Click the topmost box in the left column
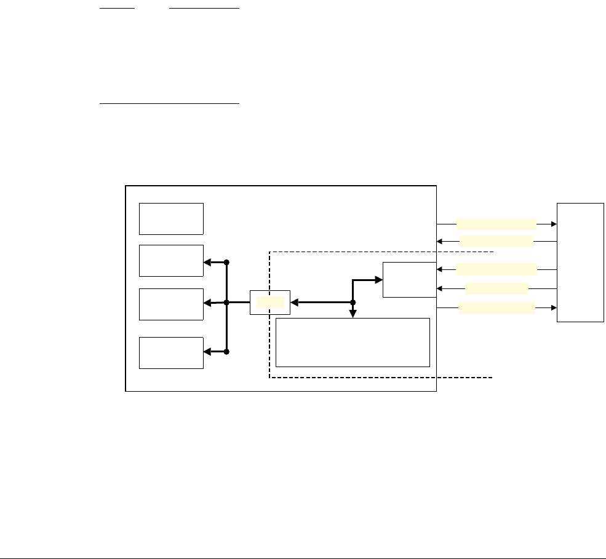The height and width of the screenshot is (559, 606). [171, 218]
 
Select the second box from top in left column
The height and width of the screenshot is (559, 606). [171, 261]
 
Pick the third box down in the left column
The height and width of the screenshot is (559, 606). [171, 304]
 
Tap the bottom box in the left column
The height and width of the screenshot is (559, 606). [171, 352]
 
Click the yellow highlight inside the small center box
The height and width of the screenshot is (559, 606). [271, 302]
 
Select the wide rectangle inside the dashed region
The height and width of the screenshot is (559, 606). [352, 342]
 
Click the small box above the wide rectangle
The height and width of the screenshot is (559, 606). [409, 279]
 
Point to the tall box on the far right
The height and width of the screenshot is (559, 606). [580, 262]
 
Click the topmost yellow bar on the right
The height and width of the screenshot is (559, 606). [496, 223]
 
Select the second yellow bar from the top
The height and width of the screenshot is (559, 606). [496, 241]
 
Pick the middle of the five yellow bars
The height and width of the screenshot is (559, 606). [496, 269]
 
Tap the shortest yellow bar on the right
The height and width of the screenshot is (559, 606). [496, 288]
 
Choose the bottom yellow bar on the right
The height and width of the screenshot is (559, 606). [496, 307]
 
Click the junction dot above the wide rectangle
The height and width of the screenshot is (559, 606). [353, 303]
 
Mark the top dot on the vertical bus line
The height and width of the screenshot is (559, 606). [226, 262]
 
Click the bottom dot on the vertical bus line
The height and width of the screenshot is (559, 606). [226, 352]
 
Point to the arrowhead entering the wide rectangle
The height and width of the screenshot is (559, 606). [353, 314]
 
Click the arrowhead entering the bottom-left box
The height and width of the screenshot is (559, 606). [207, 352]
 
